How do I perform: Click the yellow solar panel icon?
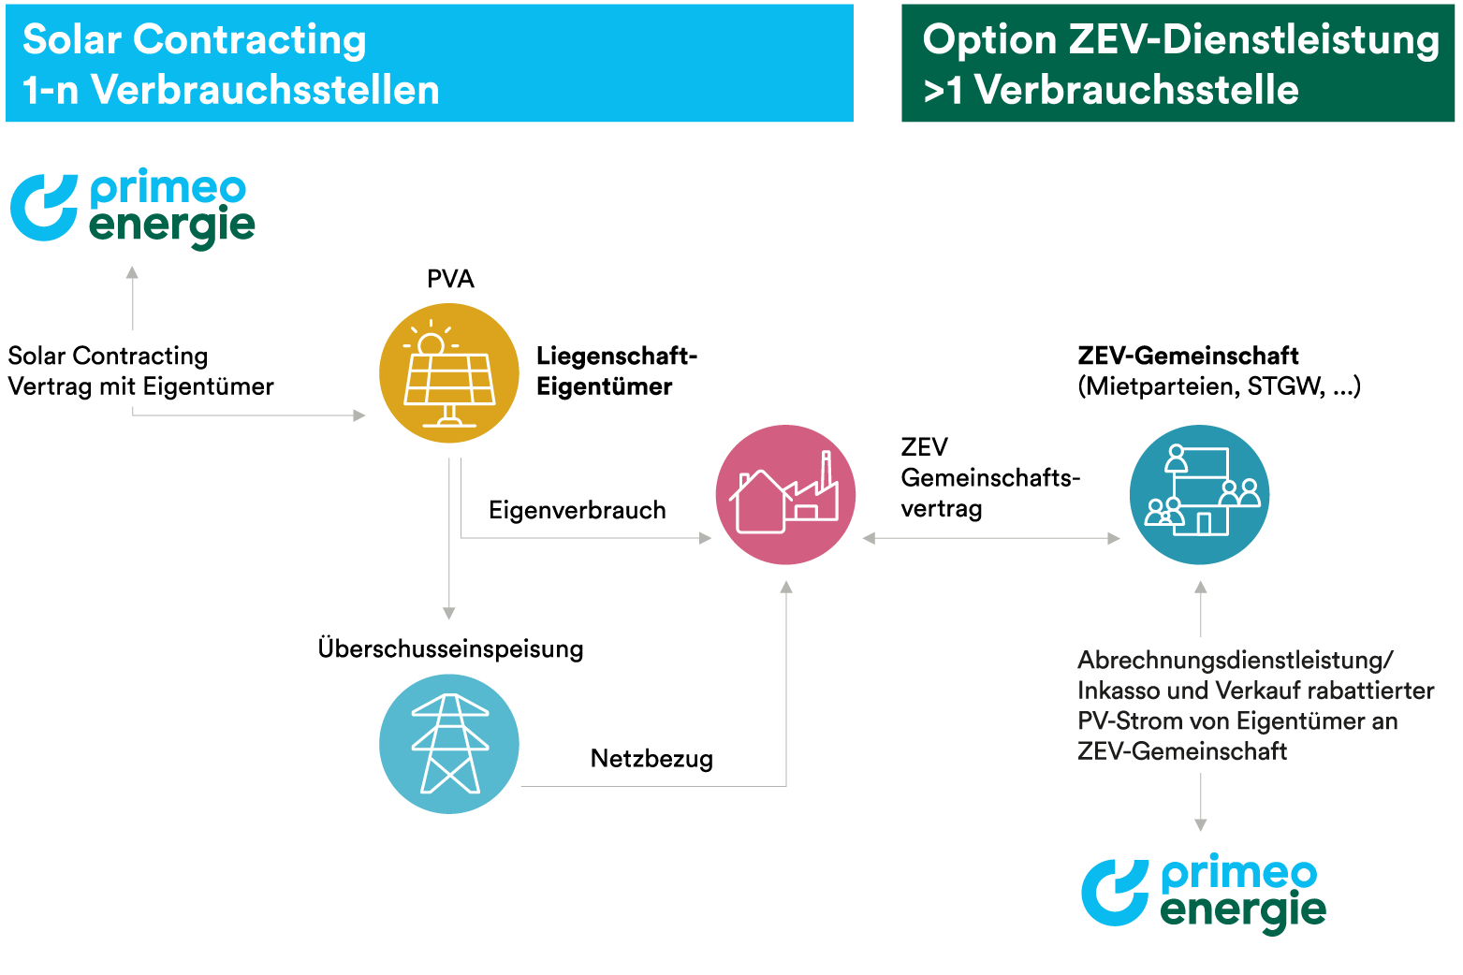[x=449, y=373]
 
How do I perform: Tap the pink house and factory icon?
[x=785, y=495]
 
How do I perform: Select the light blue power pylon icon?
[x=449, y=744]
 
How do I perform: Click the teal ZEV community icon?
[x=1199, y=495]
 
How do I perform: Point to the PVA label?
[x=450, y=279]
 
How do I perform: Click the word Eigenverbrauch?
[x=577, y=510]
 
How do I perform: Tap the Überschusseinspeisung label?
[x=450, y=648]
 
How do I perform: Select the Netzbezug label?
[x=651, y=758]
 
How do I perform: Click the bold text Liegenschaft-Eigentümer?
[x=616, y=371]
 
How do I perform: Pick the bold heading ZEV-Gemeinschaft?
[x=1188, y=356]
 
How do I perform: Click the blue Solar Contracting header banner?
[x=429, y=64]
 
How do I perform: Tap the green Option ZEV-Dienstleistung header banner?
[x=1178, y=64]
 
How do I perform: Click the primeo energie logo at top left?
[x=133, y=208]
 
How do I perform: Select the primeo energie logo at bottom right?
[x=1204, y=893]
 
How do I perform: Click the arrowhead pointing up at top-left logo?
[x=133, y=272]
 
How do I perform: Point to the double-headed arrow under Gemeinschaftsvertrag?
[x=991, y=538]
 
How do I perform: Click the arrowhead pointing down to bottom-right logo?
[x=1201, y=824]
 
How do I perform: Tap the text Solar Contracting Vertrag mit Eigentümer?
[x=140, y=371]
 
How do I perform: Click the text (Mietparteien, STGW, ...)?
[x=1219, y=386]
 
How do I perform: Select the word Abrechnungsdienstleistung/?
[x=1235, y=660]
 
